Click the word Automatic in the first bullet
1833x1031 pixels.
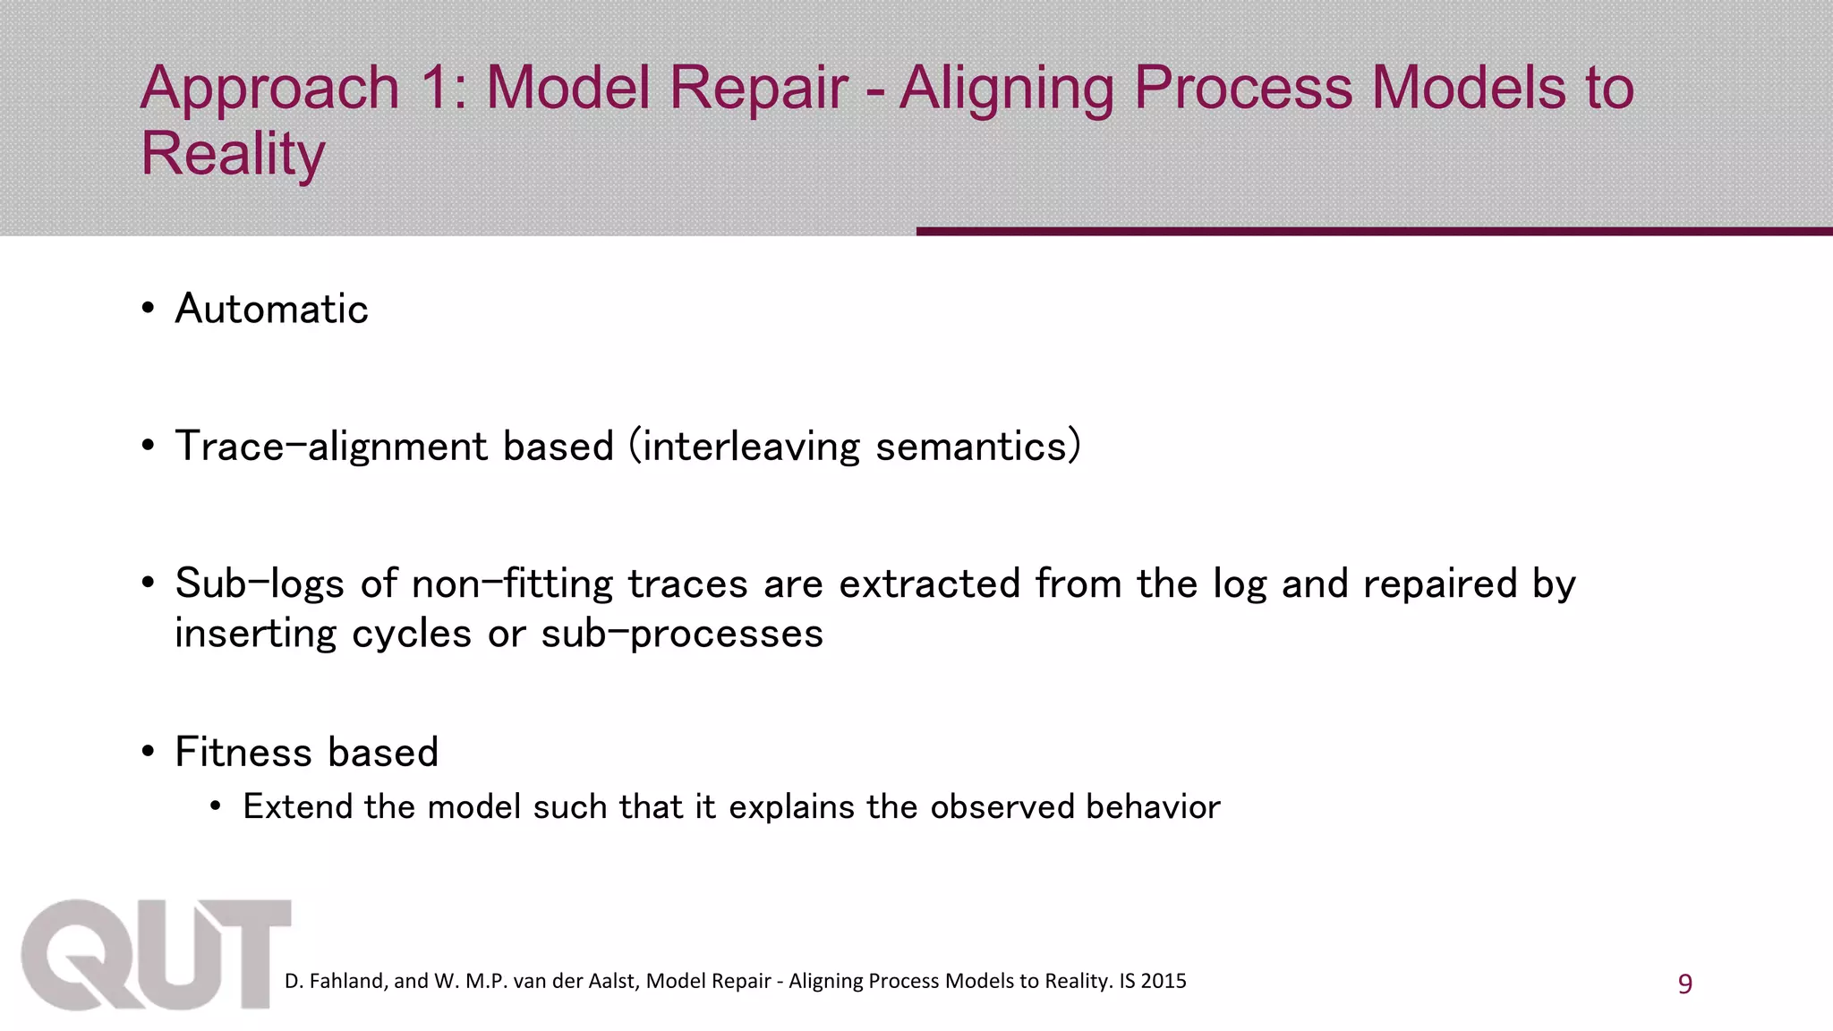271,310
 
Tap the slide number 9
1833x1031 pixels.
1684,984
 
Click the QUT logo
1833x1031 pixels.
157,956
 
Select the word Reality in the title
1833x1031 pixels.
233,154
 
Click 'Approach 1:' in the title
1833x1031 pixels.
304,89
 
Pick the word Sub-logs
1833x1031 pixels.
259,584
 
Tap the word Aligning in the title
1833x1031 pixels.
1006,89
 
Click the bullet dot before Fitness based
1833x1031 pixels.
149,753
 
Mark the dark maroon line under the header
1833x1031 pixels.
1374,232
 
